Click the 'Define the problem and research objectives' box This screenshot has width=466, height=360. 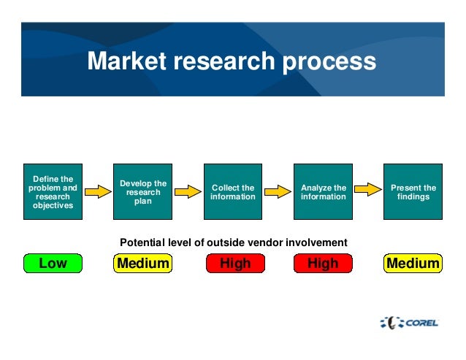(x=53, y=191)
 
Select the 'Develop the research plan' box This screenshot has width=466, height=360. (x=143, y=191)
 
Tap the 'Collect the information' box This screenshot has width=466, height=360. (x=233, y=191)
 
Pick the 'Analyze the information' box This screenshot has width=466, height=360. (x=323, y=191)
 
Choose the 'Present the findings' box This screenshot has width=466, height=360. (x=413, y=191)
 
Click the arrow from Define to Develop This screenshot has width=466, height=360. (x=97, y=192)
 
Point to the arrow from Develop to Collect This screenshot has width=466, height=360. (x=187, y=192)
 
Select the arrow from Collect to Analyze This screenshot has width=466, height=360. (x=277, y=192)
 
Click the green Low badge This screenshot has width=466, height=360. (x=53, y=263)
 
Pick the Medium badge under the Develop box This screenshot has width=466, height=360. (x=143, y=263)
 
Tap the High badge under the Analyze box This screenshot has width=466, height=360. (x=323, y=263)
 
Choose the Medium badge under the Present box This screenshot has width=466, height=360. (x=413, y=263)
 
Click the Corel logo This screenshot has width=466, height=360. (x=411, y=321)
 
